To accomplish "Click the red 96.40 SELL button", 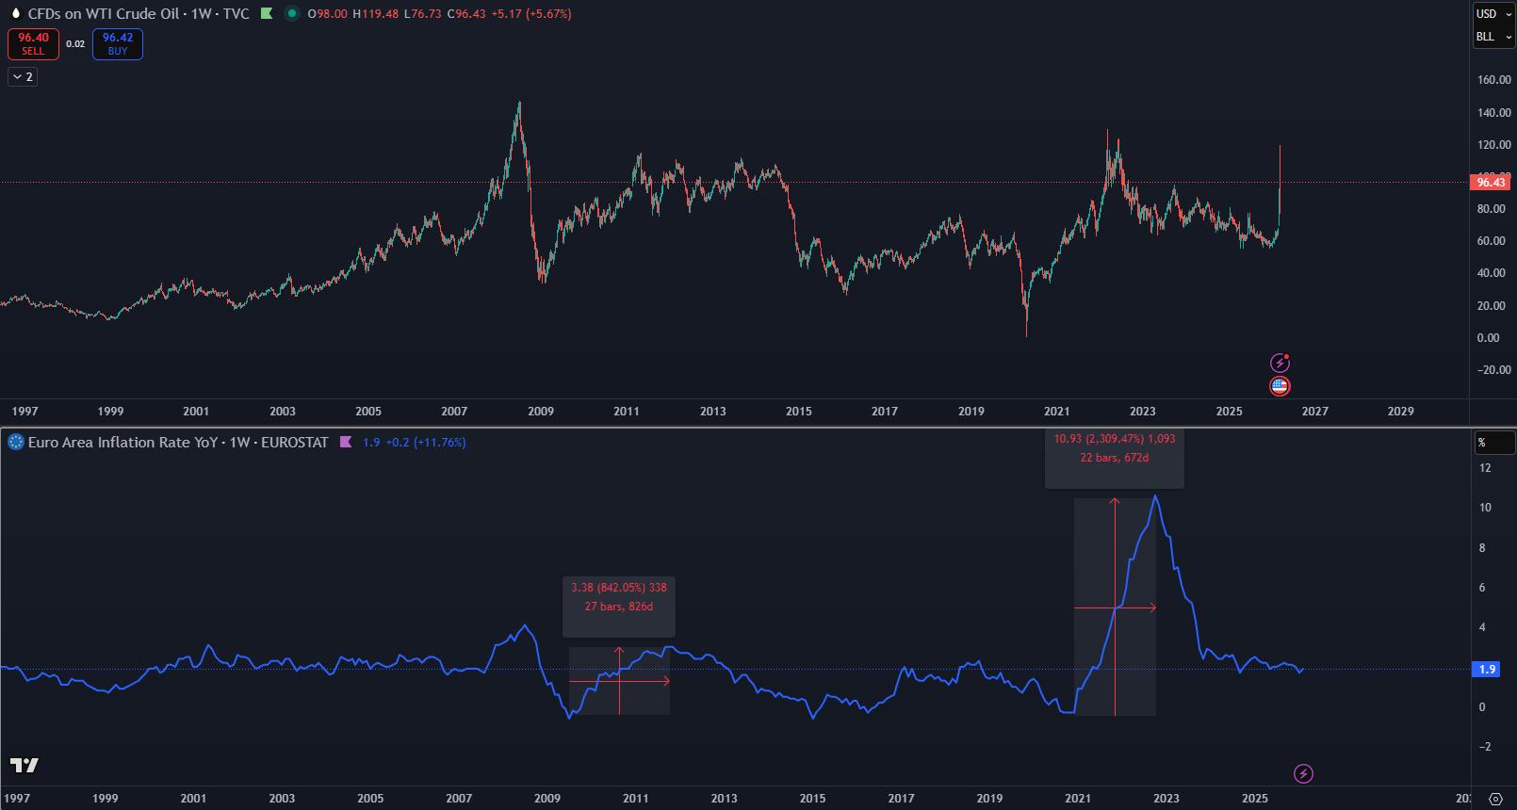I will (33, 43).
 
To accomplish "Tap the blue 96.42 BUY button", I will (118, 43).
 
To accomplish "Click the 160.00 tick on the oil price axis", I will (1493, 80).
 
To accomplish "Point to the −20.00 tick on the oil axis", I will (1493, 370).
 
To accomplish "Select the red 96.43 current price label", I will (1491, 183).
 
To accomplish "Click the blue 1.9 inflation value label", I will (1487, 670).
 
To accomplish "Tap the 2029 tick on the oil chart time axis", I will (1400, 412).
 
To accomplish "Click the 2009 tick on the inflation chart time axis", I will (547, 799).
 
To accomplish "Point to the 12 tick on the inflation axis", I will (1485, 468).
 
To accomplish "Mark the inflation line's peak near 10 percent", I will (1155, 496).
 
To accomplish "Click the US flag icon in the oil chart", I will (1280, 385).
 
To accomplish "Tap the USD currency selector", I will (1493, 14).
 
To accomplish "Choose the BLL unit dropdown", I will (1493, 37).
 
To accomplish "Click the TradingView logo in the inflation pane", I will (24, 765).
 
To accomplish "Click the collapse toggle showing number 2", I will (23, 77).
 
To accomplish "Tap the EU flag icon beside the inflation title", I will (16, 443).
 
